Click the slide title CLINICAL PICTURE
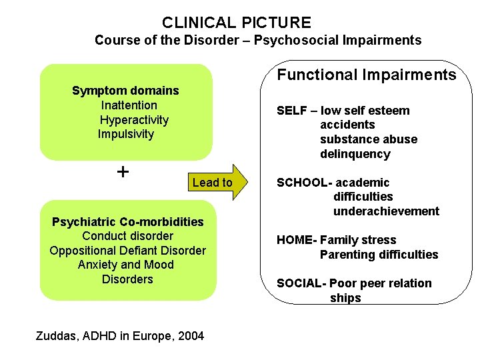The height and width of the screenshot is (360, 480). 236,23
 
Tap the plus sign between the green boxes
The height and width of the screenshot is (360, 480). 123,172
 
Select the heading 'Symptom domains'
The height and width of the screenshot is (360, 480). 125,91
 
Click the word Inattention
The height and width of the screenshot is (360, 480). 129,105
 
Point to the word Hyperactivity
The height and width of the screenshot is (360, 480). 134,120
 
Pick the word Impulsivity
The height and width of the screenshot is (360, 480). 125,134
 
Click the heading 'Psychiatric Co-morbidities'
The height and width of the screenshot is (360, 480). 127,221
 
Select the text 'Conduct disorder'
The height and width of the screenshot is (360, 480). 127,236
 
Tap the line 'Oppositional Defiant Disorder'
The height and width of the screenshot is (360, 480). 127,251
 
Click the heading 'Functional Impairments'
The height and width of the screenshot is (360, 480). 367,75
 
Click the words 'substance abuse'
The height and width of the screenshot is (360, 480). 369,139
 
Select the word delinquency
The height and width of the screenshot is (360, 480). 355,154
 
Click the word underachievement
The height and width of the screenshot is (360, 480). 386,211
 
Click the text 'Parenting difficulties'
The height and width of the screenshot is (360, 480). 379,255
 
